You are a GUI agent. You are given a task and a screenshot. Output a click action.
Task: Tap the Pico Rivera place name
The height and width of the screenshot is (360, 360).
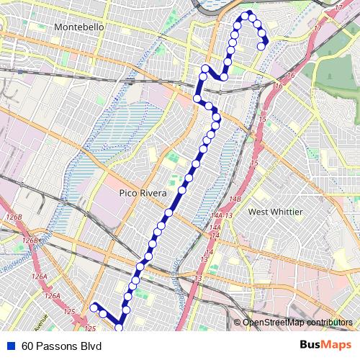click(143, 194)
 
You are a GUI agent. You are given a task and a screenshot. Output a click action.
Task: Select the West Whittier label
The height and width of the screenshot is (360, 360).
click(275, 212)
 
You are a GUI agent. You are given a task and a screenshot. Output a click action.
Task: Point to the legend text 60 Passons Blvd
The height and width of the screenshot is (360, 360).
click(62, 346)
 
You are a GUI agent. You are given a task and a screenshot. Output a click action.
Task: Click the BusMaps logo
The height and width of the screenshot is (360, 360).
click(320, 346)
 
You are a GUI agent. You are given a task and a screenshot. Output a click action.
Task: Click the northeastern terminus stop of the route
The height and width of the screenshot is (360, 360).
click(261, 48)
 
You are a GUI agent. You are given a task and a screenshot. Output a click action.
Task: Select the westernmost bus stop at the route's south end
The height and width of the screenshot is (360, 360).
click(93, 307)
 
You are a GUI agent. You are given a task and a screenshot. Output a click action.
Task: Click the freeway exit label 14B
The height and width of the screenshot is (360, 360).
click(235, 199)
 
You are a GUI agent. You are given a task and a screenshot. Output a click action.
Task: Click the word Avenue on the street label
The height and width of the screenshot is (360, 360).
click(40, 318)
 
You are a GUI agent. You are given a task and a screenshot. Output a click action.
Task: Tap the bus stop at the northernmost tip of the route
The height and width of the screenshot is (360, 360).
click(248, 14)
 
